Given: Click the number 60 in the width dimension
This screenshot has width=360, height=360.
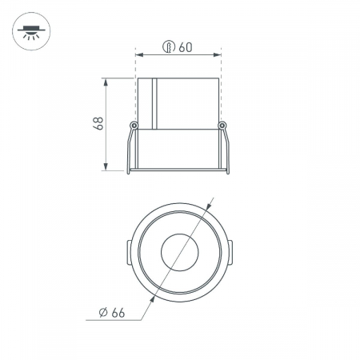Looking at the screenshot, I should pos(186,47).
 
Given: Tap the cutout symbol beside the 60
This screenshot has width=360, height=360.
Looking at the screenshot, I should pos(169,47).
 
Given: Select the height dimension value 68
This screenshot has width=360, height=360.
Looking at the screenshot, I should pos(98,124).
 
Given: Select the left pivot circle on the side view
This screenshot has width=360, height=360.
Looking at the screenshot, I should pos(134,125).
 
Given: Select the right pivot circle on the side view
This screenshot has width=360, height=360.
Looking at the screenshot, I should pos(224,125).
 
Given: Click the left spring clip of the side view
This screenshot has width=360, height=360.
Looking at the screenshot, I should pos(130,148).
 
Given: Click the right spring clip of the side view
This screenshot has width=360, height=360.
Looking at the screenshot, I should pos(228,148).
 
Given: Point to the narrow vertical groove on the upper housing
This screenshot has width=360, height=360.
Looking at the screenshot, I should pos(157,104).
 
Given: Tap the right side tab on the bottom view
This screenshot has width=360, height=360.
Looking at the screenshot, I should pos(230,253).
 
